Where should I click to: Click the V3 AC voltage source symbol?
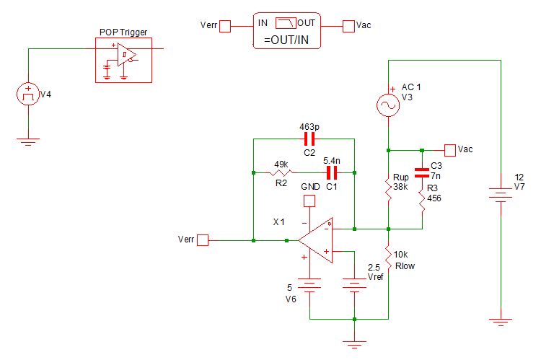[x=387, y=105]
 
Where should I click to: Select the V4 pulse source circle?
[x=27, y=94]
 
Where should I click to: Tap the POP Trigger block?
[x=123, y=61]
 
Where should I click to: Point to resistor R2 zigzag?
[x=281, y=173]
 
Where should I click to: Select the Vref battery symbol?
[x=354, y=281]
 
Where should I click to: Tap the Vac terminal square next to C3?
[x=450, y=150]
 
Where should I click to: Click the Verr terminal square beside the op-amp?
[x=203, y=240]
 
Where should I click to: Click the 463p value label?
[x=309, y=126]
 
